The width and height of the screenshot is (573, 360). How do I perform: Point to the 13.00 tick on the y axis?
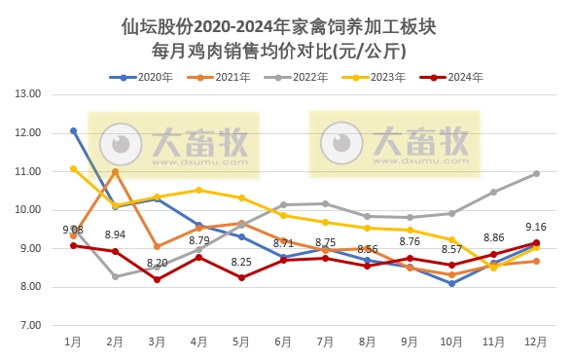click(28, 94)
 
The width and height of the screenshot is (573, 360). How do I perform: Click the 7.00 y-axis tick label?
click(28, 325)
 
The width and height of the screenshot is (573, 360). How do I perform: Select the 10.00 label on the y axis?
click(28, 210)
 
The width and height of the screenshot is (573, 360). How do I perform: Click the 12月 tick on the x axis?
click(536, 342)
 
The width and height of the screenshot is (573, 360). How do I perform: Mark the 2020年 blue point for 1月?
click(73, 130)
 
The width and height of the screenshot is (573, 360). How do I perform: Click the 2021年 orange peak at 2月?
click(115, 171)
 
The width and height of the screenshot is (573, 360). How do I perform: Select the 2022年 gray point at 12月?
click(536, 173)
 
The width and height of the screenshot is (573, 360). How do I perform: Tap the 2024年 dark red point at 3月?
click(158, 279)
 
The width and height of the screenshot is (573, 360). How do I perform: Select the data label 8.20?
click(158, 263)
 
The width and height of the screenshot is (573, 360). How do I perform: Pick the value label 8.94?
click(116, 234)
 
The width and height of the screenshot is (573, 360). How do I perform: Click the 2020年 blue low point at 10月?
click(452, 283)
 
